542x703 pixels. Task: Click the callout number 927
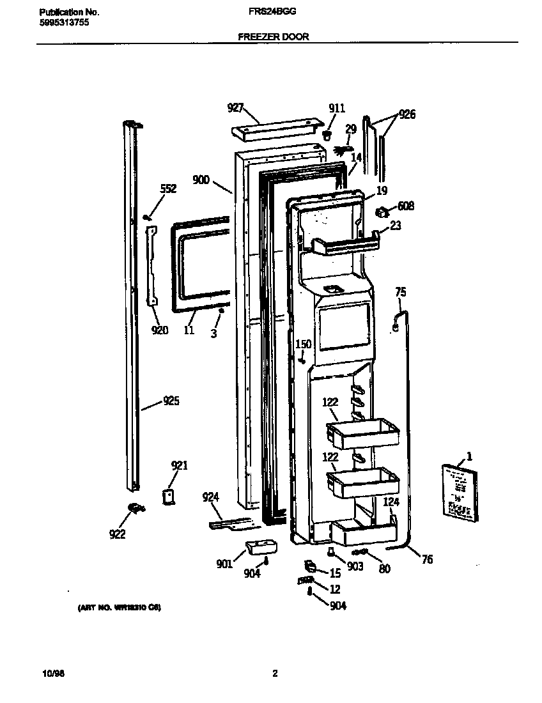236,108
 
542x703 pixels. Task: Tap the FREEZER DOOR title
274,37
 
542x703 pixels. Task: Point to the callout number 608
405,206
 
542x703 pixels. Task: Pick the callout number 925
171,401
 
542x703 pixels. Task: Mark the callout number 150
303,344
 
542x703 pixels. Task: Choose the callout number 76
427,559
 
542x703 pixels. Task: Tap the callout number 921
180,465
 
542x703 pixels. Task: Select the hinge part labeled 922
134,507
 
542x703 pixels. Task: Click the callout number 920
160,330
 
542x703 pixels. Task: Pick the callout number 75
400,292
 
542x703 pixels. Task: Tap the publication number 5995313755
63,22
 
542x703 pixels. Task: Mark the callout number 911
336,108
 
